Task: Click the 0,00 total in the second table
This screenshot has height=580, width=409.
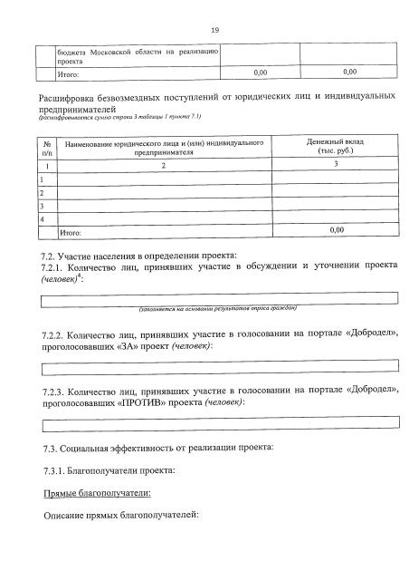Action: [x=336, y=231]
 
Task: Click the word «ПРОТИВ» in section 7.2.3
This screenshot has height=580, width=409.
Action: [x=142, y=401]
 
